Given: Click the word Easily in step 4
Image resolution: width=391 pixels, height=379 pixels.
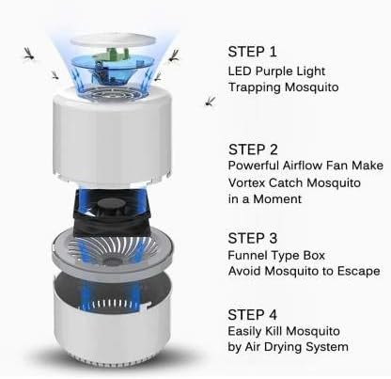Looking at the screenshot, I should coord(247,331).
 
